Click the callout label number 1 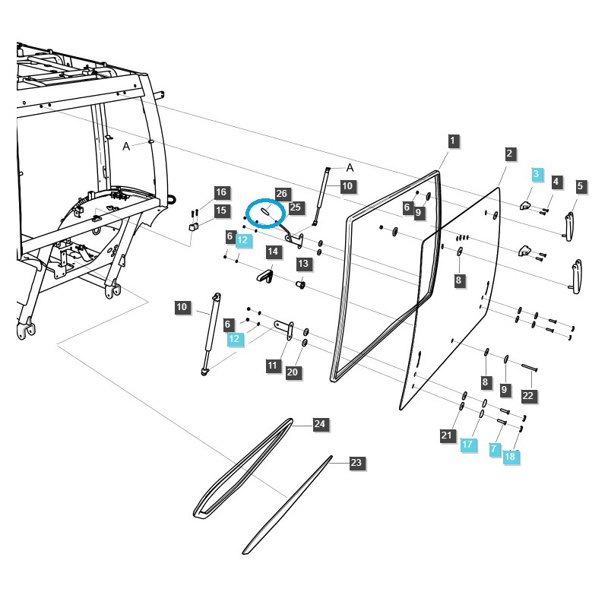[x=452, y=141]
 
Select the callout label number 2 [x=509, y=154]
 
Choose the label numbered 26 [x=281, y=194]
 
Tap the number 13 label [x=304, y=264]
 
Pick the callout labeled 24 [x=320, y=424]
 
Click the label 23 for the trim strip [x=356, y=462]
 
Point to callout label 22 [x=528, y=395]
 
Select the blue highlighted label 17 [x=467, y=444]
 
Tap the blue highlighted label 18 [x=509, y=456]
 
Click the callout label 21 [x=446, y=435]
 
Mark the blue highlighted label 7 [x=494, y=449]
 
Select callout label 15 [x=220, y=211]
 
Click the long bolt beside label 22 [x=530, y=369]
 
